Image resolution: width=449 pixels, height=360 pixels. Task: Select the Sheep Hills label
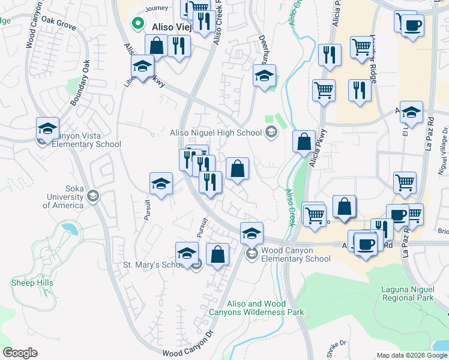point(32,283)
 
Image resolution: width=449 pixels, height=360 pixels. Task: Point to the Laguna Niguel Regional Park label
point(408,293)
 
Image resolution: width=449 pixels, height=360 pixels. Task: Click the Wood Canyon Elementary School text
point(296,254)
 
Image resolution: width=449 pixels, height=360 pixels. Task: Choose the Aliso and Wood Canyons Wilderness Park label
point(256,308)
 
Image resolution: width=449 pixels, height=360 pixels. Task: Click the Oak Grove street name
point(58,27)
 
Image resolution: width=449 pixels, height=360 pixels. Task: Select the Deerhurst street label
point(263,50)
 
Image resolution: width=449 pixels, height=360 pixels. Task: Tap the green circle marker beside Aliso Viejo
point(137,25)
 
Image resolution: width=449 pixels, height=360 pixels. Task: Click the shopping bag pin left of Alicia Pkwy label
point(304,143)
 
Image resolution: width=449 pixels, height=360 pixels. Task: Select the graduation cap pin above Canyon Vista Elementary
point(47,128)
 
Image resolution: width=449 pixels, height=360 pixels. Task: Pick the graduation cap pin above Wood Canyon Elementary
point(252,233)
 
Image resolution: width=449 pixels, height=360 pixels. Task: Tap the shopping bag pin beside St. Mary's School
point(217,254)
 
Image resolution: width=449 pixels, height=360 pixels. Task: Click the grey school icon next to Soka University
point(93,196)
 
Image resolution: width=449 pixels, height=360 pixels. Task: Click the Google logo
point(20,353)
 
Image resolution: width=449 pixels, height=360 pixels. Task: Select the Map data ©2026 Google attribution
point(412,355)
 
